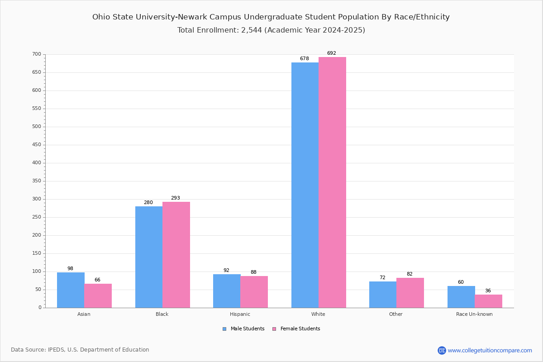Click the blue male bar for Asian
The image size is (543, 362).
(71, 290)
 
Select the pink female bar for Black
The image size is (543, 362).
(176, 255)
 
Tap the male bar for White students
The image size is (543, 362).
(305, 185)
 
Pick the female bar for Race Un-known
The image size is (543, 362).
(488, 301)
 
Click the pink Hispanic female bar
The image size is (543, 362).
(254, 292)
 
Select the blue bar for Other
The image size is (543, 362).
(383, 295)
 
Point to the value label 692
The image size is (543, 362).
(332, 53)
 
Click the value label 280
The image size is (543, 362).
(148, 203)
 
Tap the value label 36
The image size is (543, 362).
(488, 291)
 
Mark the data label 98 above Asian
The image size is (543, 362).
(70, 269)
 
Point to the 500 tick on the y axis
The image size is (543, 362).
(37, 127)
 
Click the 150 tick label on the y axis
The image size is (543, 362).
(37, 253)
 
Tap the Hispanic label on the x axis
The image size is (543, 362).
(240, 314)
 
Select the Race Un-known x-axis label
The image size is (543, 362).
(474, 314)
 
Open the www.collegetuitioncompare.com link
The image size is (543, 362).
(490, 350)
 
